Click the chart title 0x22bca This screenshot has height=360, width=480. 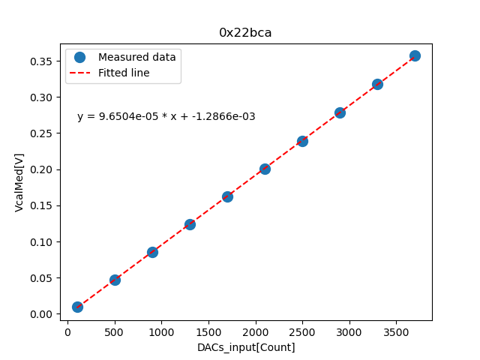pyautogui.click(x=245, y=33)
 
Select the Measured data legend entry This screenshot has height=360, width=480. pyautogui.click(x=136, y=57)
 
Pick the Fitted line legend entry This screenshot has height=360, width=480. pyautogui.click(x=124, y=73)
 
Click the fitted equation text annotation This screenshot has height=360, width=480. pyautogui.click(x=166, y=117)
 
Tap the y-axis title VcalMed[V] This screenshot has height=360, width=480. pyautogui.click(x=19, y=182)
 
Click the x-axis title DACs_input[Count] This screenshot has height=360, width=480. pyautogui.click(x=246, y=347)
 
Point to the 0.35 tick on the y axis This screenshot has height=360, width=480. pyautogui.click(x=44, y=61)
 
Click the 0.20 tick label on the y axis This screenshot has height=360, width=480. pyautogui.click(x=44, y=169)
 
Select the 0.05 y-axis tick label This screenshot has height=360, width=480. pyautogui.click(x=44, y=278)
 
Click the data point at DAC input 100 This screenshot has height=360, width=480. pyautogui.click(x=77, y=307)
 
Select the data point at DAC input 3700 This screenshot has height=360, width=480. pyautogui.click(x=415, y=55)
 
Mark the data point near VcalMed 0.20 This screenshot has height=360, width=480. pyautogui.click(x=265, y=169)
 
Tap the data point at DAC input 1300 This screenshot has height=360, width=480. pyautogui.click(x=190, y=224)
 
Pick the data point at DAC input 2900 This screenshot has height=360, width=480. pyautogui.click(x=340, y=112)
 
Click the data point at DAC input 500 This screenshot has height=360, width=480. pyautogui.click(x=115, y=280)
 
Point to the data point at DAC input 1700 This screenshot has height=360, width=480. pyautogui.click(x=227, y=196)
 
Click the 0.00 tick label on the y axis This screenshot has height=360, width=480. pyautogui.click(x=44, y=314)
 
